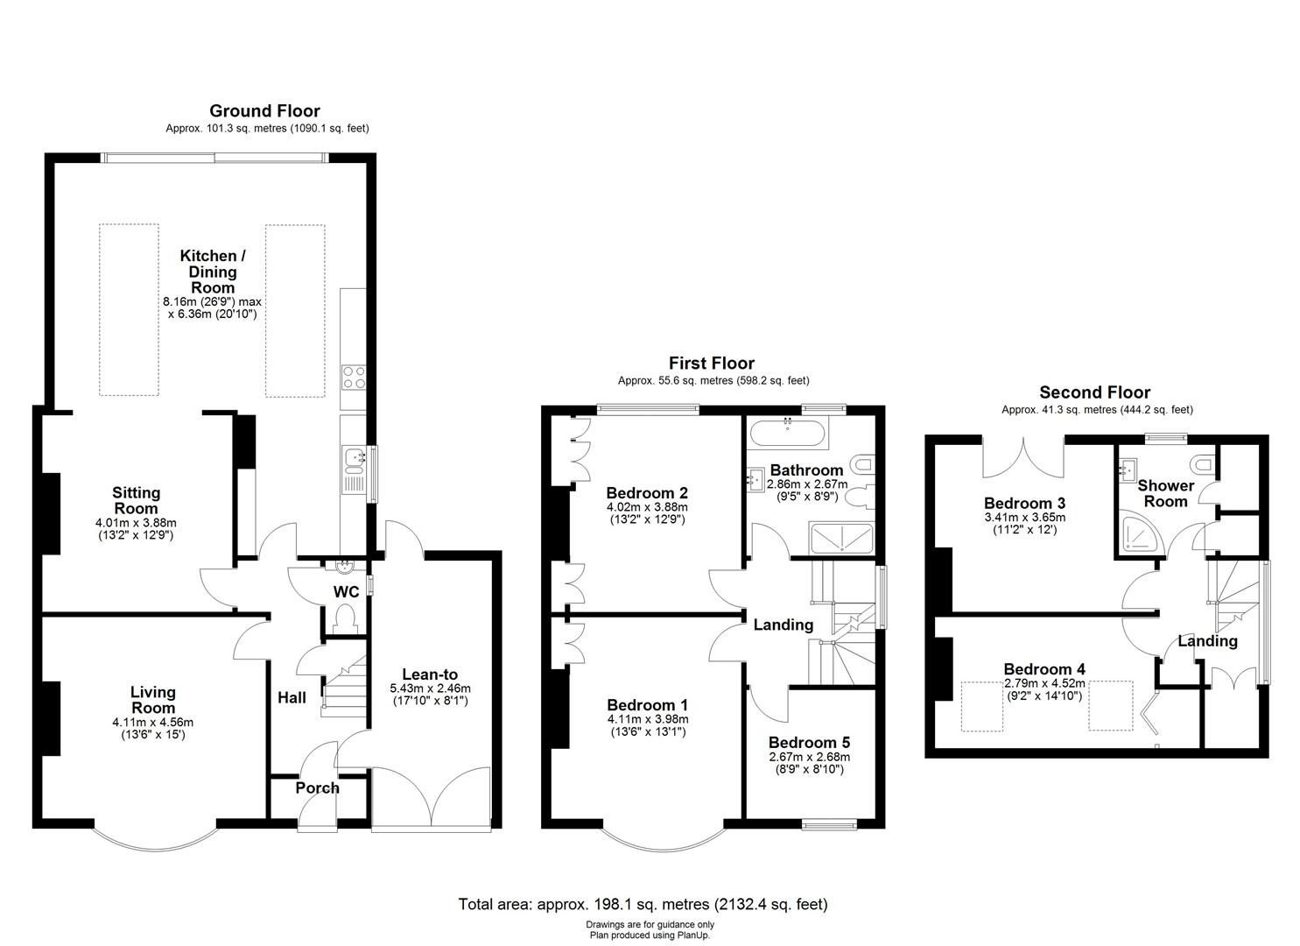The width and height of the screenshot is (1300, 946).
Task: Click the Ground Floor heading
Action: click(264, 111)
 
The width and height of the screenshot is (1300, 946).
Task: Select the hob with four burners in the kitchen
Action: click(354, 377)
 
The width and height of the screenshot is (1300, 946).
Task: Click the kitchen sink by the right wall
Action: click(354, 457)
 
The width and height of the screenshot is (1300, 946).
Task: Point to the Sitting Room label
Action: click(136, 500)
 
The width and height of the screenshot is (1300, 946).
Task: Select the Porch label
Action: click(317, 787)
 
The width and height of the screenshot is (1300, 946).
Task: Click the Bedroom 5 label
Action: click(809, 742)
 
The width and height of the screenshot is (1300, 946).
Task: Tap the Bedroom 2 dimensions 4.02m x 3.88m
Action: click(647, 506)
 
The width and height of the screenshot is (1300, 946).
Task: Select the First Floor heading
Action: click(711, 363)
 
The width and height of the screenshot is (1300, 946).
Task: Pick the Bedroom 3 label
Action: click(1024, 503)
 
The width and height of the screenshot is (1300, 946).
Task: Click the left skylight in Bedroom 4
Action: click(981, 705)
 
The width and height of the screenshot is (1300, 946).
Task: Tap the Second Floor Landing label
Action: click(1207, 640)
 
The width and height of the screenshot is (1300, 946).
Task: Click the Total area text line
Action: click(643, 904)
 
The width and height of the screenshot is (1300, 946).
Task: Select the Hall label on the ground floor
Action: click(292, 697)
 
